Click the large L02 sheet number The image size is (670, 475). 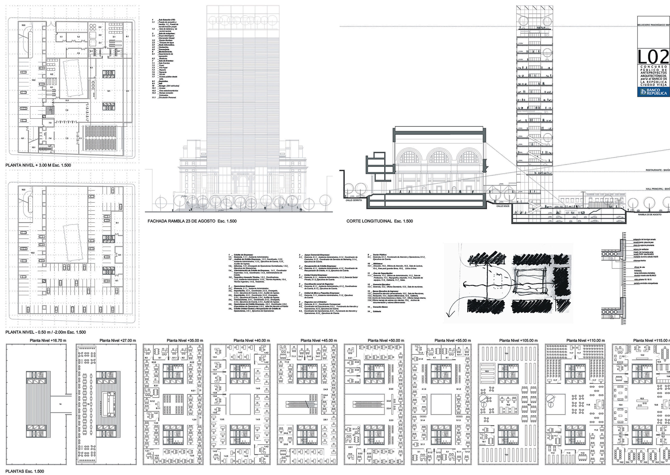click(x=653, y=57)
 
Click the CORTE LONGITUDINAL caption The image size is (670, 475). click(x=380, y=221)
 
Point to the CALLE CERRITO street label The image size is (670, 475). click(x=353, y=200)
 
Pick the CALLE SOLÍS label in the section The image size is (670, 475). click(x=502, y=206)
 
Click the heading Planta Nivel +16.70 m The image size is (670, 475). click(x=48, y=340)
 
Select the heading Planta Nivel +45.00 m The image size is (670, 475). click(x=319, y=340)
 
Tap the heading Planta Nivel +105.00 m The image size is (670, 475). click(x=518, y=340)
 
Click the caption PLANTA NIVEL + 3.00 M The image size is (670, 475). click(x=38, y=165)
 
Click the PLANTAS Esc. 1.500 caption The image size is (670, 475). click(x=25, y=471)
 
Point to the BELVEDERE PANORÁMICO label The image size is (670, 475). click(x=653, y=25)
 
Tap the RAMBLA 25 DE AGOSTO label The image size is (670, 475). click(x=649, y=215)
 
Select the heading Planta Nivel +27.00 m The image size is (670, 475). click(x=117, y=340)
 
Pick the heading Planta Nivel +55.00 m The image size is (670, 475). click(x=452, y=340)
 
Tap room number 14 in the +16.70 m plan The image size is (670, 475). click(x=61, y=404)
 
